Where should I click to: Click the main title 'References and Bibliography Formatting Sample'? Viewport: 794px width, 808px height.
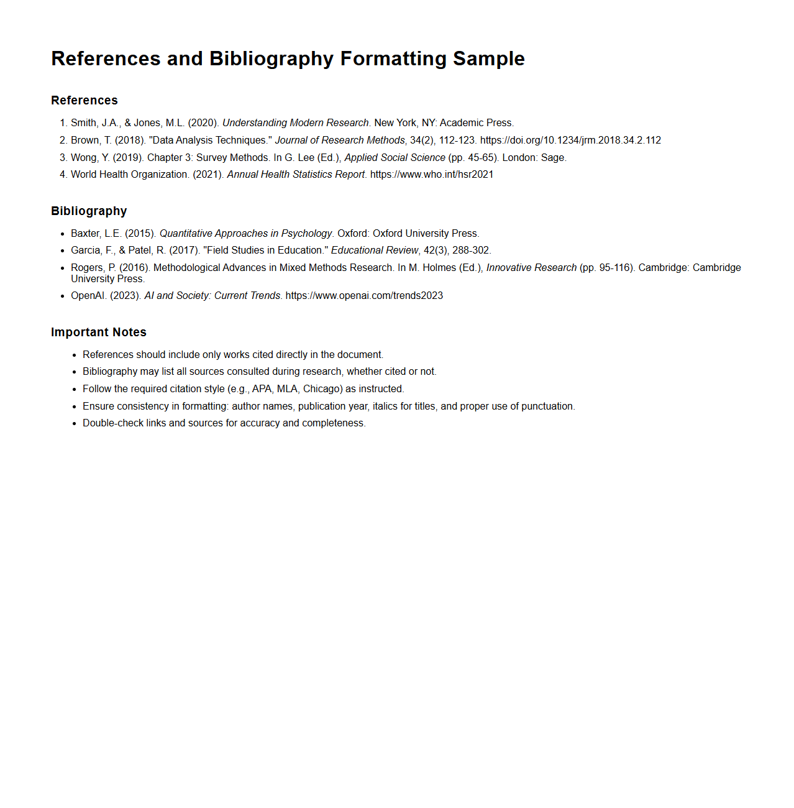click(288, 58)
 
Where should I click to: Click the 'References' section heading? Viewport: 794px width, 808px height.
click(84, 101)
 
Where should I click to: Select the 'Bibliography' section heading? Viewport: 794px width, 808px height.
click(89, 211)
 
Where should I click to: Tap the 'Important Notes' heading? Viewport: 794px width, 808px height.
click(99, 333)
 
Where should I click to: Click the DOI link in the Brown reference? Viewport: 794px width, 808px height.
click(570, 140)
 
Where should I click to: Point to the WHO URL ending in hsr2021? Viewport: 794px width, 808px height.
click(432, 175)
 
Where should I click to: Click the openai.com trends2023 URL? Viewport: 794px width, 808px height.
click(364, 296)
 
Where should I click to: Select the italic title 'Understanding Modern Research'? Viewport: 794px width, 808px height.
click(295, 123)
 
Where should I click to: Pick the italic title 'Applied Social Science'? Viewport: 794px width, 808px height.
click(395, 158)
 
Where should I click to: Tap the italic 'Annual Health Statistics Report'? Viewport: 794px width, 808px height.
click(296, 175)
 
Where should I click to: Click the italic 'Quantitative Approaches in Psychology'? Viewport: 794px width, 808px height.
click(245, 234)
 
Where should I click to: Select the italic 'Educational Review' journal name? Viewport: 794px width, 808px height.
click(375, 250)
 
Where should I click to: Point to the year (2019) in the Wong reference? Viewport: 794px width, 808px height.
click(127, 158)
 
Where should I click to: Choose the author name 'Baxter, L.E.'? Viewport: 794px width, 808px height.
click(96, 234)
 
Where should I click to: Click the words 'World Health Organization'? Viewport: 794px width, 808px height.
click(129, 175)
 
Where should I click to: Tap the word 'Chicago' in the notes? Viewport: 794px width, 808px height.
click(322, 389)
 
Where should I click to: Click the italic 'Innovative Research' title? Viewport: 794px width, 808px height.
click(531, 268)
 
